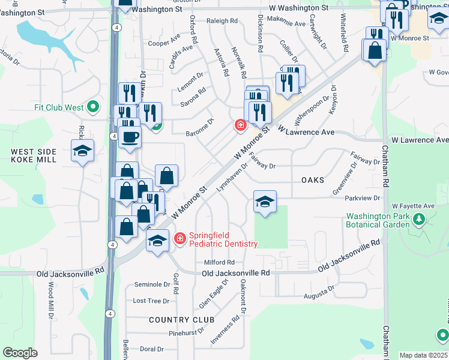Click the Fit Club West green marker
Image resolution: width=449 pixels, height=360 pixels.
pyautogui.click(x=93, y=107)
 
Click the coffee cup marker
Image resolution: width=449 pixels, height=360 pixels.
pyautogui.click(x=130, y=137)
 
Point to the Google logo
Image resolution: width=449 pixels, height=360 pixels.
pyautogui.click(x=20, y=353)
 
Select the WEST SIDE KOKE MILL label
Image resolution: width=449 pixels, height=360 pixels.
pyautogui.click(x=34, y=155)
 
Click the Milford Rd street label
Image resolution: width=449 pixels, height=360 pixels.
pyautogui.click(x=218, y=262)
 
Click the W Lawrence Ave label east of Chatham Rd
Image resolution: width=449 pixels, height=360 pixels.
pyautogui.click(x=420, y=140)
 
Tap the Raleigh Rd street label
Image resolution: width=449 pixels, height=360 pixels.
pyautogui.click(x=222, y=20)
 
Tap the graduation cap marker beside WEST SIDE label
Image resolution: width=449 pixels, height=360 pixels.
pyautogui.click(x=83, y=151)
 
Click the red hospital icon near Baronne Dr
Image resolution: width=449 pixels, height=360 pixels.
pyautogui.click(x=240, y=125)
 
